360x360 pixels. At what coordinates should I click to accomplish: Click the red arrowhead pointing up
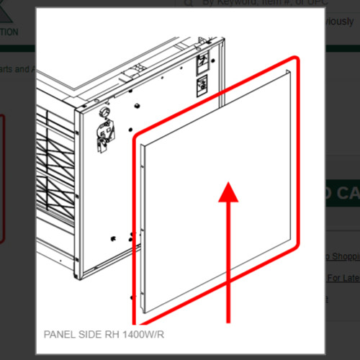[228, 193]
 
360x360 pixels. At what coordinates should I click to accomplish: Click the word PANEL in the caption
[58, 335]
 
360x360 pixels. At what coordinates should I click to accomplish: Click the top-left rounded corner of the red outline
[137, 136]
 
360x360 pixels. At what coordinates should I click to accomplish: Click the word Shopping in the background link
[343, 257]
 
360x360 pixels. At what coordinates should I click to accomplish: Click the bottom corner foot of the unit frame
[79, 274]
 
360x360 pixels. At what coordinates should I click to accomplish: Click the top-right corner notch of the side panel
[287, 72]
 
